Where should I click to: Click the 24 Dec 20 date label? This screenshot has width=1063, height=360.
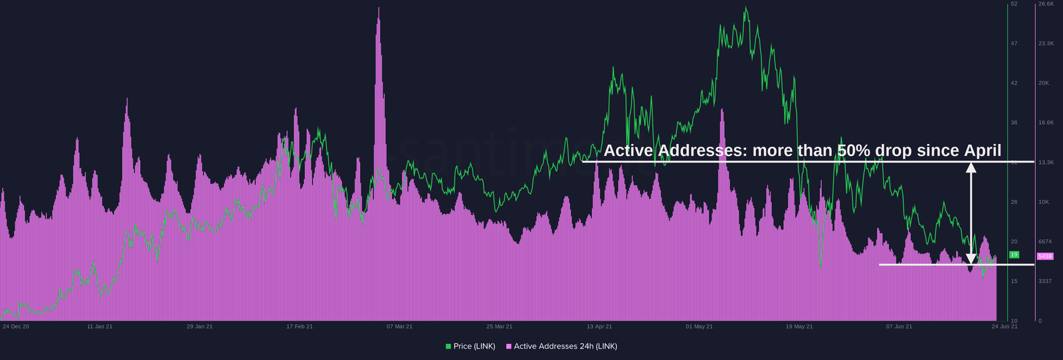pos(16,326)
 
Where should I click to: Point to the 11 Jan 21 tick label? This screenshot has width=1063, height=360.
pos(100,326)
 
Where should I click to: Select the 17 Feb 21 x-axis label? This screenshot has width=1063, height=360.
pos(300,326)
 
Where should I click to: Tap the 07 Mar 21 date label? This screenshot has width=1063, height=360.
pos(399,326)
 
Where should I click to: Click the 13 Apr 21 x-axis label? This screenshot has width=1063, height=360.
pos(599,326)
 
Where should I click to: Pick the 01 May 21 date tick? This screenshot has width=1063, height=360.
pos(699,326)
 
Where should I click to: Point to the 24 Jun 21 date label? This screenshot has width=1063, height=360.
pos(1004,326)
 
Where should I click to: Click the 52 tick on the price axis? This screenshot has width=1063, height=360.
pos(1014,4)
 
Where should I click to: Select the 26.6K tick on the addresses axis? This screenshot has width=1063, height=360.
pos(1046,4)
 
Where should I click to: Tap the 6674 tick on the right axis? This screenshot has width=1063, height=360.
pos(1045,242)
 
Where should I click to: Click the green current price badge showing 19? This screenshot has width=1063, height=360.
pos(1014,255)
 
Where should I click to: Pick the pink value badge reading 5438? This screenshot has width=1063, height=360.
pos(1045,256)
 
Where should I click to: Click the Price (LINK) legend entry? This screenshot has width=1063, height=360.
pos(470,346)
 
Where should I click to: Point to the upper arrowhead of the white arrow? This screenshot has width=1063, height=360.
pos(971,167)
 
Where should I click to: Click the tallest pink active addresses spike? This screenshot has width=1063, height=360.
pos(379,9)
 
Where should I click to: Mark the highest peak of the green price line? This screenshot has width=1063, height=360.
pos(745,8)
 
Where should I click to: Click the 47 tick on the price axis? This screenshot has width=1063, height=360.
pos(1014,44)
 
